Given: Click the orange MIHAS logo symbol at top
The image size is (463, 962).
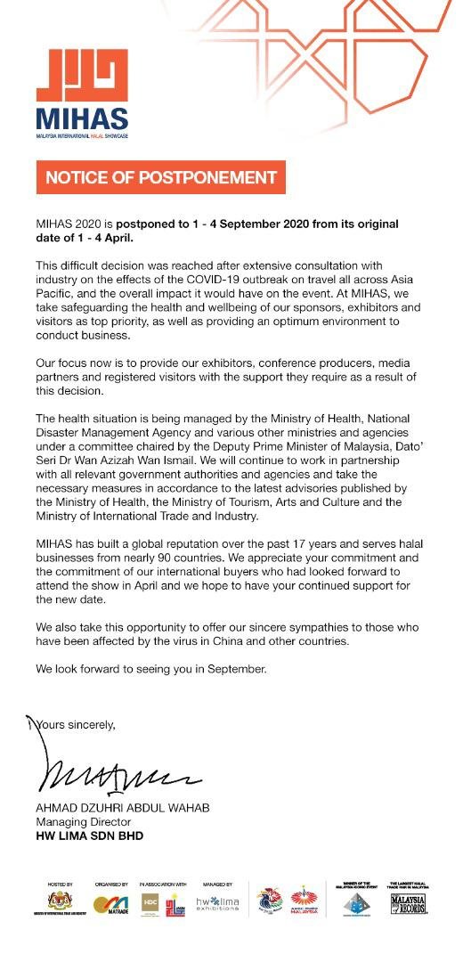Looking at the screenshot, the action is click(81, 75).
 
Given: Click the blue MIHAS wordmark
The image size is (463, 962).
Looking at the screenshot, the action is click(82, 118).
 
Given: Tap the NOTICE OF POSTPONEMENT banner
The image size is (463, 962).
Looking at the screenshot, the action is click(160, 177).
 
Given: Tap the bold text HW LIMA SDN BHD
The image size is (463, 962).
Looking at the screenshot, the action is click(89, 836).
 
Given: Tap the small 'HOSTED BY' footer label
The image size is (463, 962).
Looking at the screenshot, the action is click(59, 885).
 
